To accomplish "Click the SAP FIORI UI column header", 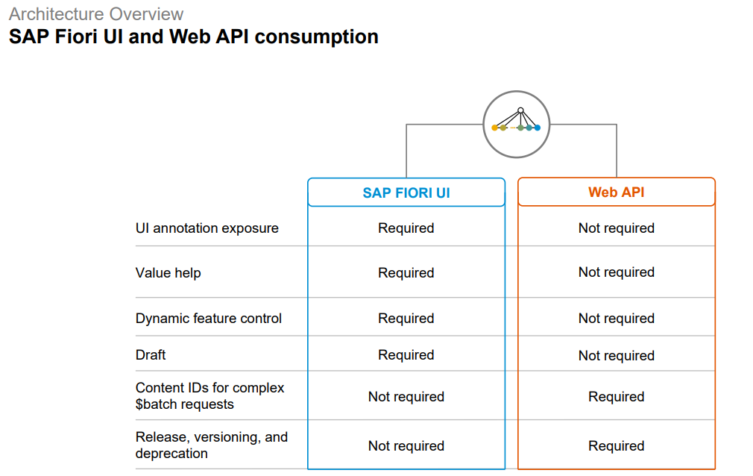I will (x=406, y=192).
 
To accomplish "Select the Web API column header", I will (x=617, y=192).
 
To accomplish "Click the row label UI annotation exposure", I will (x=207, y=228).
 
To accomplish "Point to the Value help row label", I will (x=168, y=273).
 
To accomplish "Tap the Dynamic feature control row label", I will (x=209, y=319).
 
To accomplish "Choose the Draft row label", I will (x=151, y=355).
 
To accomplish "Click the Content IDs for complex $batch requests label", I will (x=209, y=396).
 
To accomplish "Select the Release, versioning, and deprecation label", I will (x=211, y=445).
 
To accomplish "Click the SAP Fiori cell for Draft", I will (x=406, y=355).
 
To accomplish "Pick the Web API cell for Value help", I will (x=617, y=272).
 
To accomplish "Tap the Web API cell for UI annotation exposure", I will (x=617, y=228).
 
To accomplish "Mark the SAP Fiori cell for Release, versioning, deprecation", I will (x=406, y=446).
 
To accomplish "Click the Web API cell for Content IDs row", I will (x=617, y=397).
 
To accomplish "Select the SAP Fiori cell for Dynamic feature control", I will (x=406, y=319).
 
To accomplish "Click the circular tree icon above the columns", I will (x=517, y=124).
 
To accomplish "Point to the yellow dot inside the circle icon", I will (x=494, y=128).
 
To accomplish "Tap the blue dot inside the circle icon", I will (x=538, y=128).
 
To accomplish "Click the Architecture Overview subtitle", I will (x=96, y=14).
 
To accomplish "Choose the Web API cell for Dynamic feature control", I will (x=617, y=319).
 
